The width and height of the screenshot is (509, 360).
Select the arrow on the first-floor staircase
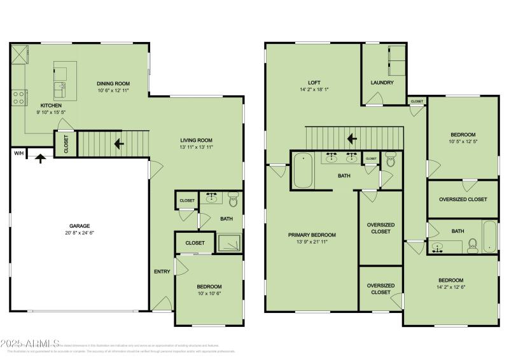tap(118, 144)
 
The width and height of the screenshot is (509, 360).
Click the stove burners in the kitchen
tap(18, 97)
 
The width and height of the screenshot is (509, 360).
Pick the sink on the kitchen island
tap(61, 87)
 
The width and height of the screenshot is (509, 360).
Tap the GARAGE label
tap(80, 226)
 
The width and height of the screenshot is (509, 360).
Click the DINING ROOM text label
tap(113, 83)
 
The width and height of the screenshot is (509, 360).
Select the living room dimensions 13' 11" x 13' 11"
tap(196, 147)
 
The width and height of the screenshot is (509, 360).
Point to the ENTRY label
tap(162, 272)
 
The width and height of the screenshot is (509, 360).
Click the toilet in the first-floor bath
tap(232, 201)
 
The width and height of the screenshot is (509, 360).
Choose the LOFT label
tap(314, 83)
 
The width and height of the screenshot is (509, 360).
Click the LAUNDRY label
tap(382, 83)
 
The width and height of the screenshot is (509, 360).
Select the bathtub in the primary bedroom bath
tap(303, 170)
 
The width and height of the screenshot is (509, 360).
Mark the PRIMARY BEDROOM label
tap(312, 235)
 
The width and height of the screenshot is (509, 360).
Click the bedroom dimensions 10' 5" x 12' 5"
tap(463, 141)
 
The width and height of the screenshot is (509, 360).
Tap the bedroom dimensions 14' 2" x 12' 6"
tap(450, 287)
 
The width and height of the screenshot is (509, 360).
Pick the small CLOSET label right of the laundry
tap(417, 101)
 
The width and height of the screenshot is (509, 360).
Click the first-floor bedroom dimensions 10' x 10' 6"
tap(209, 294)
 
